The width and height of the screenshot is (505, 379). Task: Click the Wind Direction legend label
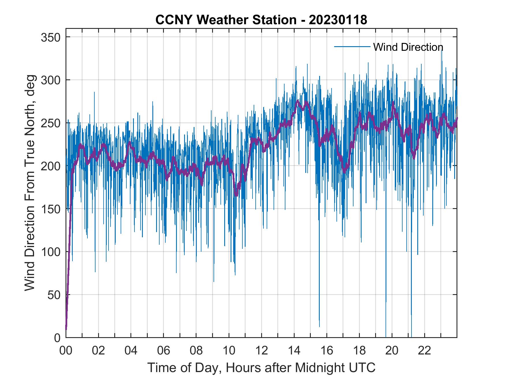pyautogui.click(x=408, y=47)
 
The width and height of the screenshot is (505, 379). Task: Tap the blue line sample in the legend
pyautogui.click(x=352, y=46)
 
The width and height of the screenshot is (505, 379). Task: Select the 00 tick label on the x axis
pyautogui.click(x=66, y=351)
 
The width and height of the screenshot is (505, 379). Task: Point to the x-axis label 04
pyautogui.click(x=131, y=351)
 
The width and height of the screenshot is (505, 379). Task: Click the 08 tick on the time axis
pyautogui.click(x=196, y=351)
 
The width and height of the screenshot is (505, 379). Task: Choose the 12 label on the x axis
pyautogui.click(x=261, y=351)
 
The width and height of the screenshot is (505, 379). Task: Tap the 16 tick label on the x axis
pyautogui.click(x=327, y=351)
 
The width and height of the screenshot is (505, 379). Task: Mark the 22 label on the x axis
pyautogui.click(x=424, y=351)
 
